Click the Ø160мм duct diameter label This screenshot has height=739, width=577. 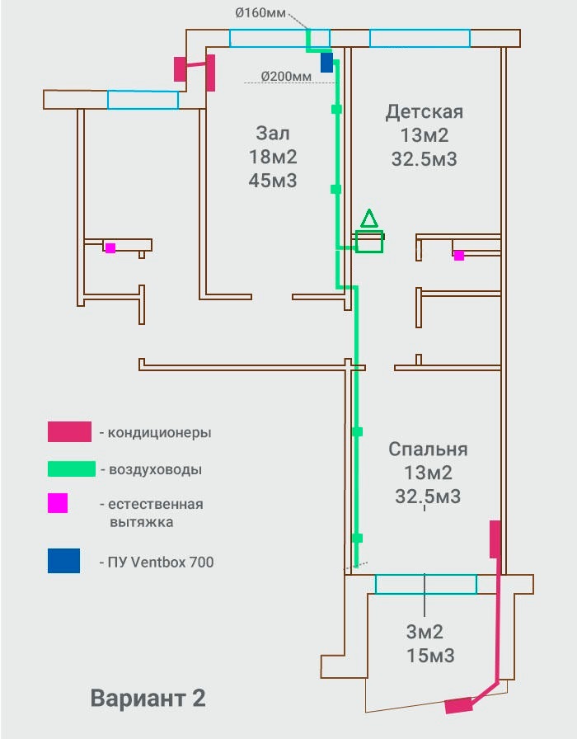[260, 12]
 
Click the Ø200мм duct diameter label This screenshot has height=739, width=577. [286, 76]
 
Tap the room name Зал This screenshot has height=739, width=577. [273, 133]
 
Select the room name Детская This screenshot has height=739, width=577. [425, 112]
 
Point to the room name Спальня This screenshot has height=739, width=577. [428, 450]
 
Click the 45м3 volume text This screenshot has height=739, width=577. [273, 180]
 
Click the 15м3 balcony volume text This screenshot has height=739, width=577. [430, 656]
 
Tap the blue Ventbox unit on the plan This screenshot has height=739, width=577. [327, 62]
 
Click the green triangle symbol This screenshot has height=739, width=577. [369, 219]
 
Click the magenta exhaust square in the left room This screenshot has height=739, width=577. [110, 248]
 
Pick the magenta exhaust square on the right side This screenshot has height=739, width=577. [459, 256]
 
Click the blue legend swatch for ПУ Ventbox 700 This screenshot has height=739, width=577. [63, 561]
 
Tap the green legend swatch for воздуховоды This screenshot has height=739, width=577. [72, 469]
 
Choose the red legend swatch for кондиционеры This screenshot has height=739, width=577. [69, 431]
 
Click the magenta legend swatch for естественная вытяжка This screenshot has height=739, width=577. [58, 503]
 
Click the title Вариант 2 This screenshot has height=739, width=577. [148, 698]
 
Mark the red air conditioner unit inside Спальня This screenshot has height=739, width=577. [495, 539]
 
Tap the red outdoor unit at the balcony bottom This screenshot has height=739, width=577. [459, 705]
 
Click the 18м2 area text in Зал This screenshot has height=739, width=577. [273, 157]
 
